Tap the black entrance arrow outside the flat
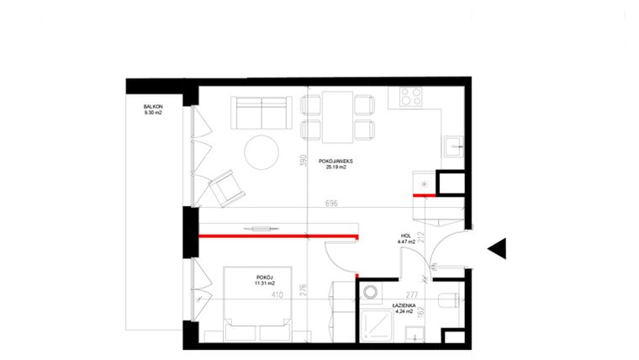pyautogui.click(x=498, y=247)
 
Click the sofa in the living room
pyautogui.click(x=261, y=110)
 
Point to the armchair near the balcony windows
pyautogui.click(x=224, y=188)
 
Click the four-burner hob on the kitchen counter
pyautogui.click(x=409, y=98)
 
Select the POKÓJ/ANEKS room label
pyautogui.click(x=335, y=160)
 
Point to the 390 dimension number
pyautogui.click(x=304, y=162)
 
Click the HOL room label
pyautogui.click(x=406, y=236)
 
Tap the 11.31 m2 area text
pyautogui.click(x=265, y=283)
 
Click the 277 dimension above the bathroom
pyautogui.click(x=411, y=294)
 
